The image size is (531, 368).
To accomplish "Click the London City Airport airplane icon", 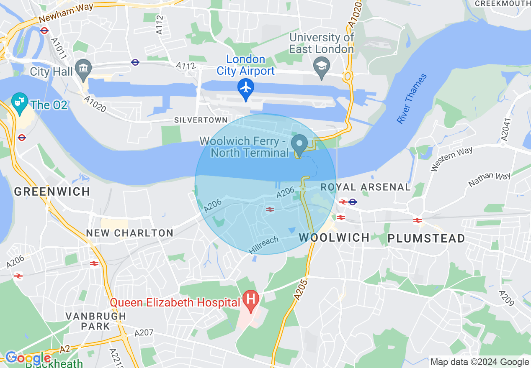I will point(245,88).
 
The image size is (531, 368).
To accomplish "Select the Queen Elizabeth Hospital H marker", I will point(251,300).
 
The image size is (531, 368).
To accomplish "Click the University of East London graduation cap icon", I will point(322,66).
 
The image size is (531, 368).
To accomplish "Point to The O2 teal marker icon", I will point(19,102).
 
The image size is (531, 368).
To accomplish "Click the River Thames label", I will point(412,99).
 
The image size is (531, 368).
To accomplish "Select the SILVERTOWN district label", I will point(195,120).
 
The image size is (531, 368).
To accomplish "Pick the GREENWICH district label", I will point(52,192).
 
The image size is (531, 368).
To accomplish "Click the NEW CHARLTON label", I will point(130,233).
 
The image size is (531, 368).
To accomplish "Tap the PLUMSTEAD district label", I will point(426,238).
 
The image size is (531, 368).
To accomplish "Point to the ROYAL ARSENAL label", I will point(366,187).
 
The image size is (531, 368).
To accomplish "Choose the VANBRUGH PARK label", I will point(96,321).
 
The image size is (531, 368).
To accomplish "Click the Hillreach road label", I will point(263,245).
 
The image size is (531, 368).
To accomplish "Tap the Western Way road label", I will point(451,159).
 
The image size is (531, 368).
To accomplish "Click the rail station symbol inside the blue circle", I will point(270,209).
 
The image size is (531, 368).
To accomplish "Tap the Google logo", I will point(28,358).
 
